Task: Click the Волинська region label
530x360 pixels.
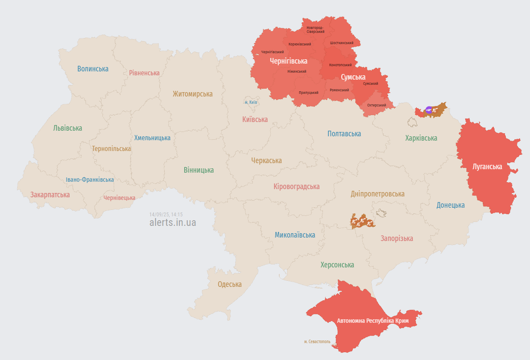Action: click(93, 69)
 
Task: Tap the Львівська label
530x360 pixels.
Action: click(67, 128)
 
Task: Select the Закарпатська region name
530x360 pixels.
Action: click(50, 195)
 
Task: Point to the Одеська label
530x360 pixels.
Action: click(230, 284)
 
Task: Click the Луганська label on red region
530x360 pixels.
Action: click(487, 167)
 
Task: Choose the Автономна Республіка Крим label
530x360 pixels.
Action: click(372, 321)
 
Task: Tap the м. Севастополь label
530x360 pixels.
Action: click(317, 341)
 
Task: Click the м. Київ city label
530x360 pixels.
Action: click(251, 102)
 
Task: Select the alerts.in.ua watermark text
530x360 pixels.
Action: click(172, 222)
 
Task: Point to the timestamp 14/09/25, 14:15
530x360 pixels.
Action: click(166, 214)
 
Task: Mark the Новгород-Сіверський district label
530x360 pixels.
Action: click(315, 29)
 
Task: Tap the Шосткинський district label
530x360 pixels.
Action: click(342, 43)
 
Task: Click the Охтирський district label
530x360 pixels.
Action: click(377, 105)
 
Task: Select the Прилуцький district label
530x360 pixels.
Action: click(308, 93)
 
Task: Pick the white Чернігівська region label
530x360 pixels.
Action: click(288, 61)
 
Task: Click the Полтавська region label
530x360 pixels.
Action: click(344, 134)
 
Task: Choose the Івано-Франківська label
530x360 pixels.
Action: click(90, 180)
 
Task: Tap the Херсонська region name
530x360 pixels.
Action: click(337, 265)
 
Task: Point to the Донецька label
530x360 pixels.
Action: click(450, 205)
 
